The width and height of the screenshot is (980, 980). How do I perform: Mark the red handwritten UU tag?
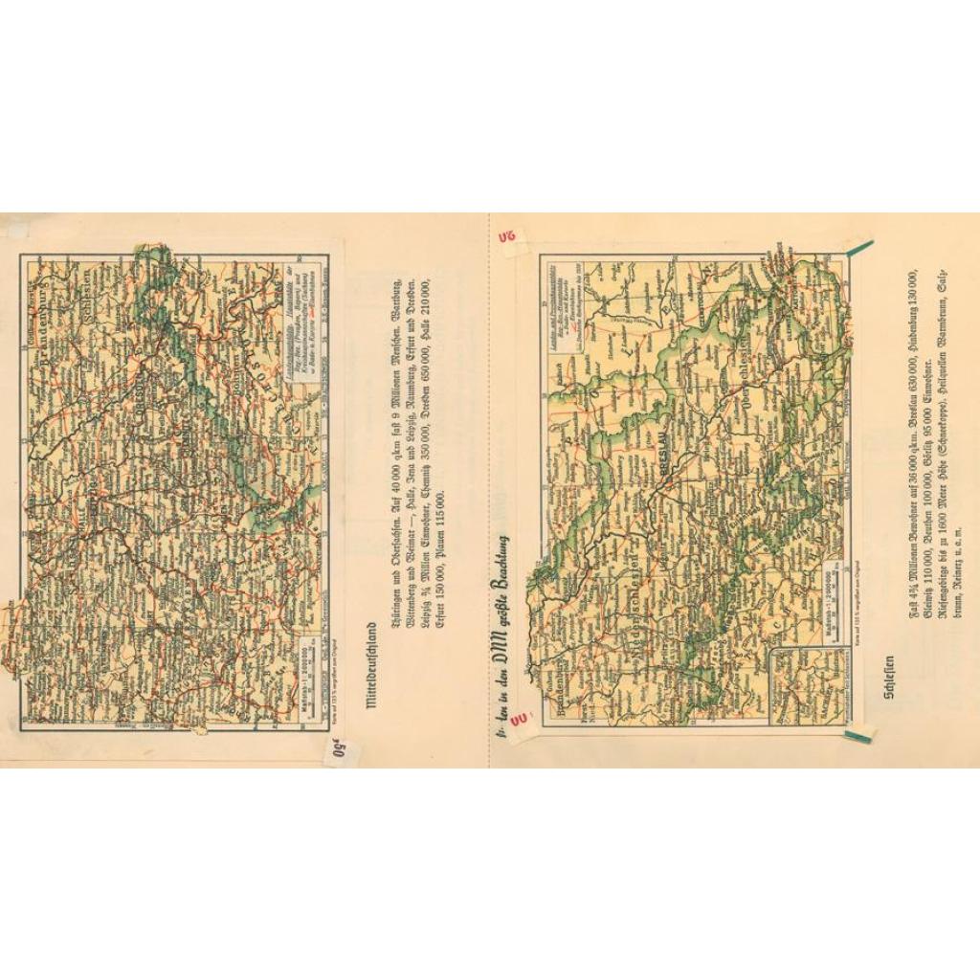pos(520,718)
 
